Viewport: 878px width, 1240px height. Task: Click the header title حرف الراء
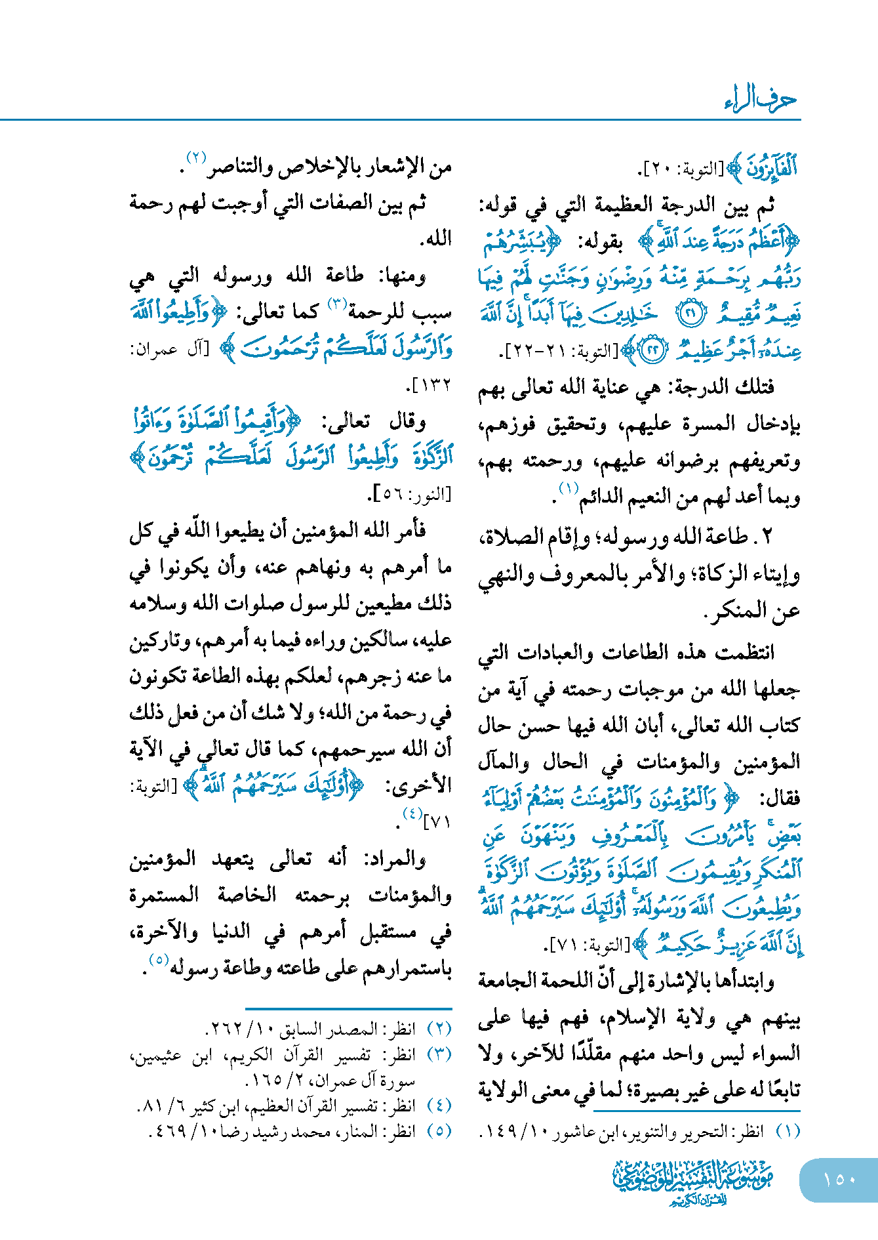(x=761, y=100)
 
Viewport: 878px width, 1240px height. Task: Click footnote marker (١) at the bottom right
(x=788, y=1132)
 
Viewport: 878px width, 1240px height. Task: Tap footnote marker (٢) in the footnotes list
(x=439, y=1029)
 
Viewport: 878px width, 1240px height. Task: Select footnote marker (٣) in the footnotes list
(x=439, y=1054)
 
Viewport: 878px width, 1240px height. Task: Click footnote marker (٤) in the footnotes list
(x=439, y=1106)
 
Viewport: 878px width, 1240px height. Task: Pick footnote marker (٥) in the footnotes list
(x=439, y=1132)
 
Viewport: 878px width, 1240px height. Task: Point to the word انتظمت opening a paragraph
(x=744, y=652)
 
